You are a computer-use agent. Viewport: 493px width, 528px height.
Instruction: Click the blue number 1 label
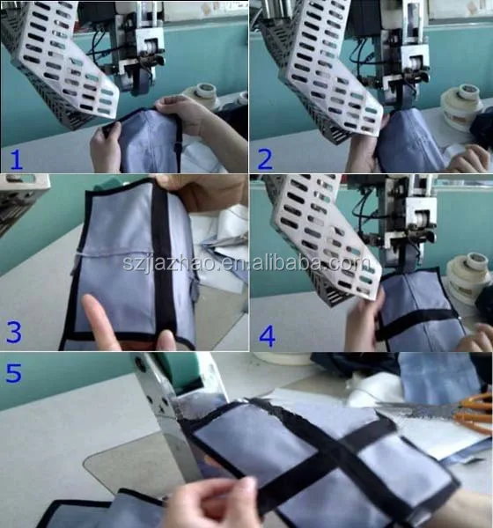coord(16,159)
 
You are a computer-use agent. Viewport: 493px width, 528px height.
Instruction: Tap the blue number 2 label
coord(265,159)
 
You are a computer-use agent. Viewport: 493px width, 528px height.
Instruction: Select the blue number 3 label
coord(14,333)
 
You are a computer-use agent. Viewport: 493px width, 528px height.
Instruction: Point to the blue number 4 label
coord(268,336)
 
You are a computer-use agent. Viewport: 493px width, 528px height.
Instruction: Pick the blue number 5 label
coord(14,372)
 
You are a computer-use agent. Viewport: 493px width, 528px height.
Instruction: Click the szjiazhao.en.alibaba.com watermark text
coord(247,262)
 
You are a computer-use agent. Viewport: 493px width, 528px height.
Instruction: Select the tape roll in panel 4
coord(469,275)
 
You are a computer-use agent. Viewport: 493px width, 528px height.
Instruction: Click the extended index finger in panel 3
coord(100,321)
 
